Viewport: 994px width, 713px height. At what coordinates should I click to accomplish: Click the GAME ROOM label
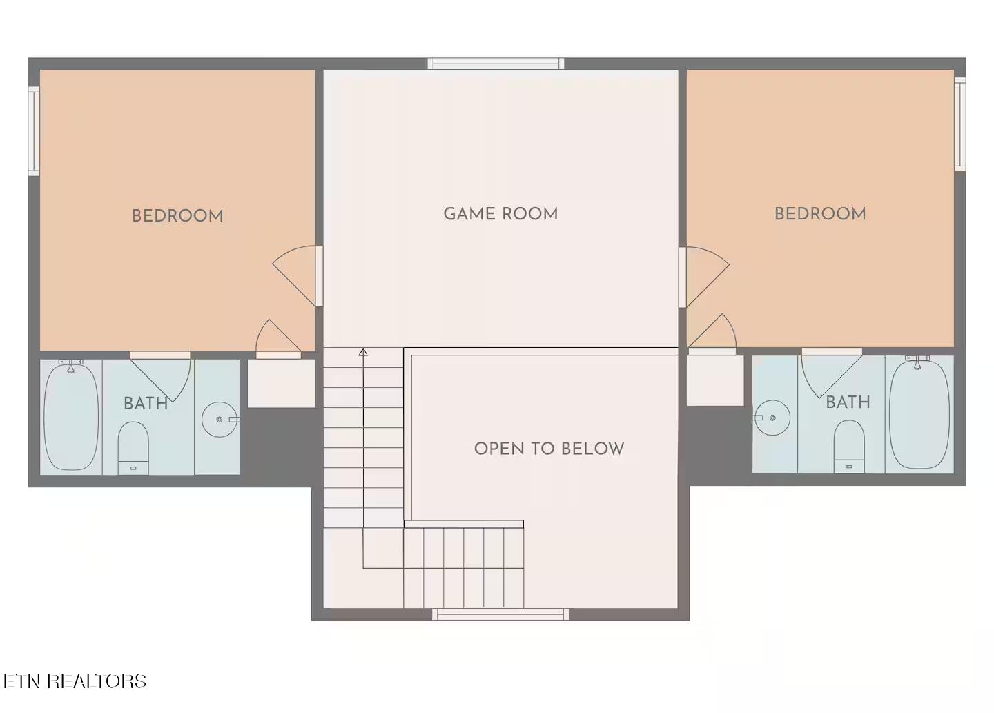500,214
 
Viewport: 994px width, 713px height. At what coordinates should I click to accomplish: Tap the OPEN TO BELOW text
549,449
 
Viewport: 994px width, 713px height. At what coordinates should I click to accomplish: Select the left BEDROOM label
177,216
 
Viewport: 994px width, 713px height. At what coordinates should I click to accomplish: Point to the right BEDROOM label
820,214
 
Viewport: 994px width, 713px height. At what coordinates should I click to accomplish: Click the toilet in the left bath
133,448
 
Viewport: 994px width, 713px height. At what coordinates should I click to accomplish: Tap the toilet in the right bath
849,447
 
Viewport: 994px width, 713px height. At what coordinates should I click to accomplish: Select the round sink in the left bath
220,419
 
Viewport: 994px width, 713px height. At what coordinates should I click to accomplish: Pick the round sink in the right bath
772,418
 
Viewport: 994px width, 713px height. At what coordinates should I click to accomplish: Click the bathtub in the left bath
71,416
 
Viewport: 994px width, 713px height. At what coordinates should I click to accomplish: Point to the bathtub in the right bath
919,413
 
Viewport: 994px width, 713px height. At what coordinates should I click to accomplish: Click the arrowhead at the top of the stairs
363,353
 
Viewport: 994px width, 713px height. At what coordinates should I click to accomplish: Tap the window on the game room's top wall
496,64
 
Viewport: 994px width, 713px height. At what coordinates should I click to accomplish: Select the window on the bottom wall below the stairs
500,614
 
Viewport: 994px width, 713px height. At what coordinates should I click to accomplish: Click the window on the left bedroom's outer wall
35,131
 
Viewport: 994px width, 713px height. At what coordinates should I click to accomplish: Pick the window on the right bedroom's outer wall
959,124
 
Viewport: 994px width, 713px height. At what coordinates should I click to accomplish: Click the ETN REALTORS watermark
75,681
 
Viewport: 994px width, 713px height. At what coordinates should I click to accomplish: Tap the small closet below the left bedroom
282,383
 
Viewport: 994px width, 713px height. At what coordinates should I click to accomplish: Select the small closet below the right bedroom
715,380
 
